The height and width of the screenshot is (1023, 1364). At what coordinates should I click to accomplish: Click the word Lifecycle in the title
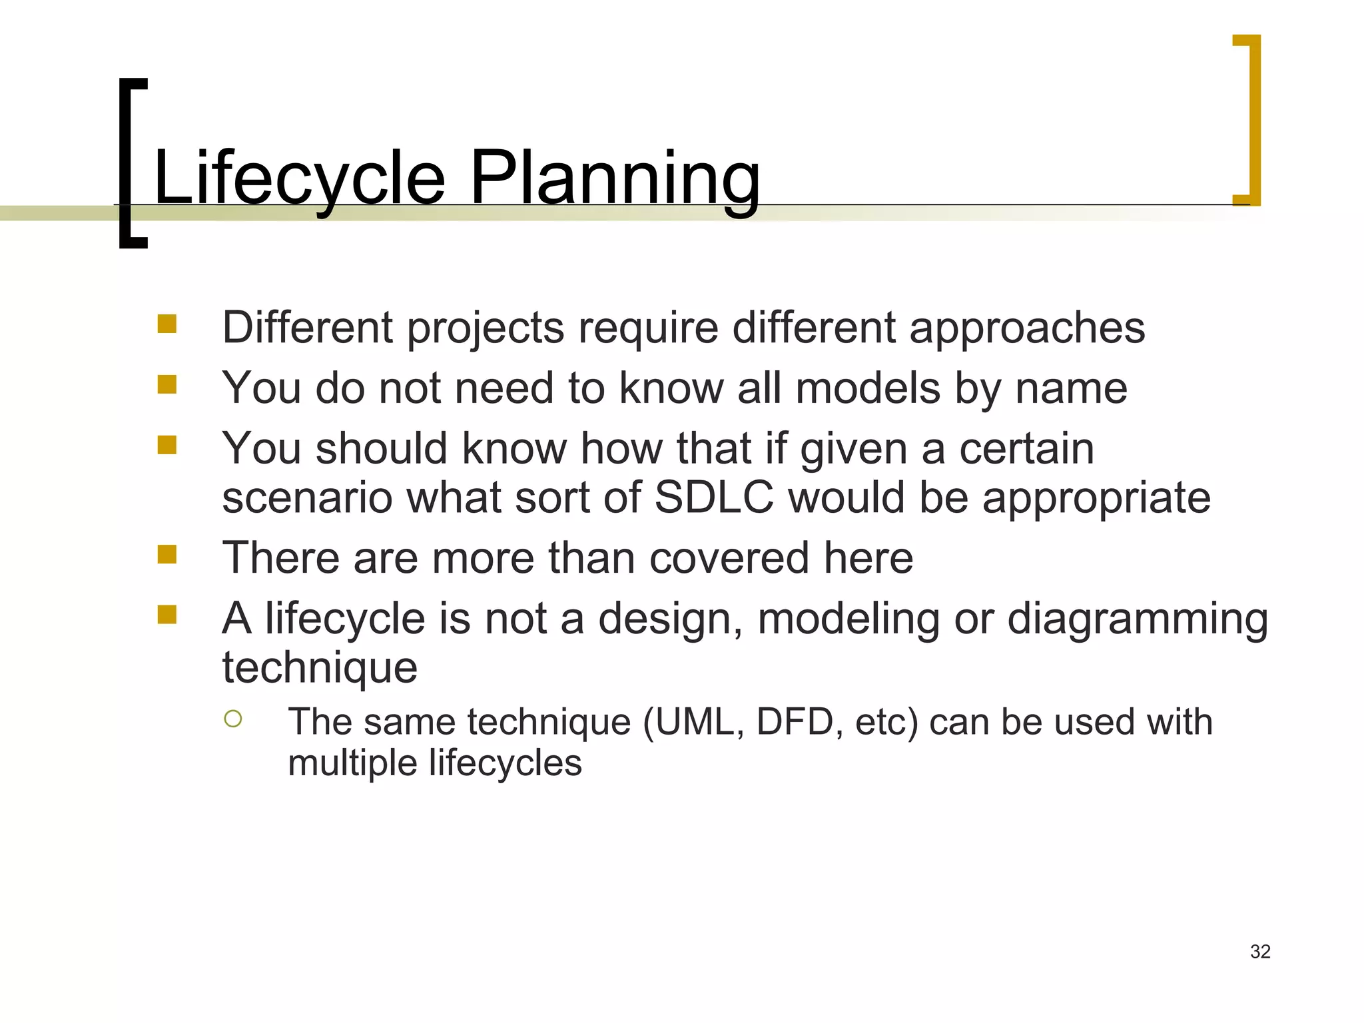pyautogui.click(x=299, y=178)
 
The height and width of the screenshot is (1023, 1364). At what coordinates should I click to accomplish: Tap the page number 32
pyautogui.click(x=1260, y=951)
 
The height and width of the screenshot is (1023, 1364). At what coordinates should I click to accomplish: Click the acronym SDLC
pyautogui.click(x=714, y=498)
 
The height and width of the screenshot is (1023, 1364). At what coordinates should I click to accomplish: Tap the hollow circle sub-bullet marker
pyautogui.click(x=233, y=719)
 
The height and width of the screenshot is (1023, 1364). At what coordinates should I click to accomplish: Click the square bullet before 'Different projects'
pyautogui.click(x=167, y=324)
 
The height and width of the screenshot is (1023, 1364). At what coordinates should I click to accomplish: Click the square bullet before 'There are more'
pyautogui.click(x=167, y=554)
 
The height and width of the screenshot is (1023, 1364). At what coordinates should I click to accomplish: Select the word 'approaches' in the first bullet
pyautogui.click(x=1027, y=328)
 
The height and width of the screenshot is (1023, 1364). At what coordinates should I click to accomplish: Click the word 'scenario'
pyautogui.click(x=307, y=499)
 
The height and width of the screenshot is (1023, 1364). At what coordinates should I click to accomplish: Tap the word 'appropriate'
pyautogui.click(x=1096, y=499)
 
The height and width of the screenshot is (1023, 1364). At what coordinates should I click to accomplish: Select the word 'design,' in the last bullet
pyautogui.click(x=670, y=619)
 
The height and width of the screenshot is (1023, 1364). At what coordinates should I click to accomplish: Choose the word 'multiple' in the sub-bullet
pyautogui.click(x=351, y=763)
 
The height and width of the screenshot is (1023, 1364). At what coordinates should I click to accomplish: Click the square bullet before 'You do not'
pyautogui.click(x=167, y=384)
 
